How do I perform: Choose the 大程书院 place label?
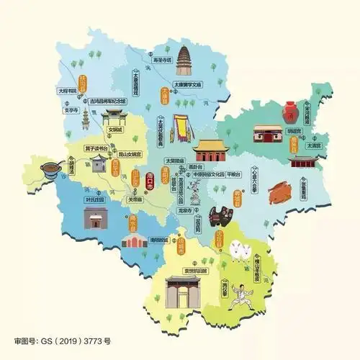tap(67, 91)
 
